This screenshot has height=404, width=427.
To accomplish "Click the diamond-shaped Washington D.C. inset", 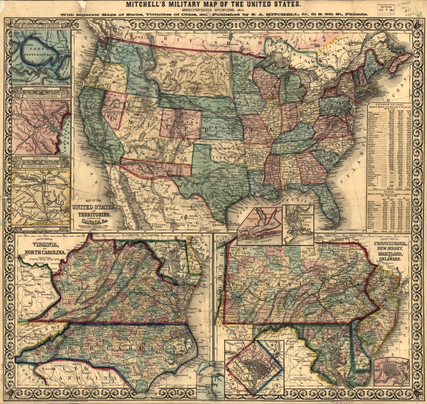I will point(255,368).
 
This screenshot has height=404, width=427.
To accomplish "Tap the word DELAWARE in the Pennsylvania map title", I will point(393,261).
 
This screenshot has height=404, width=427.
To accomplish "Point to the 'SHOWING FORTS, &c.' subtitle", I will point(213,11).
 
